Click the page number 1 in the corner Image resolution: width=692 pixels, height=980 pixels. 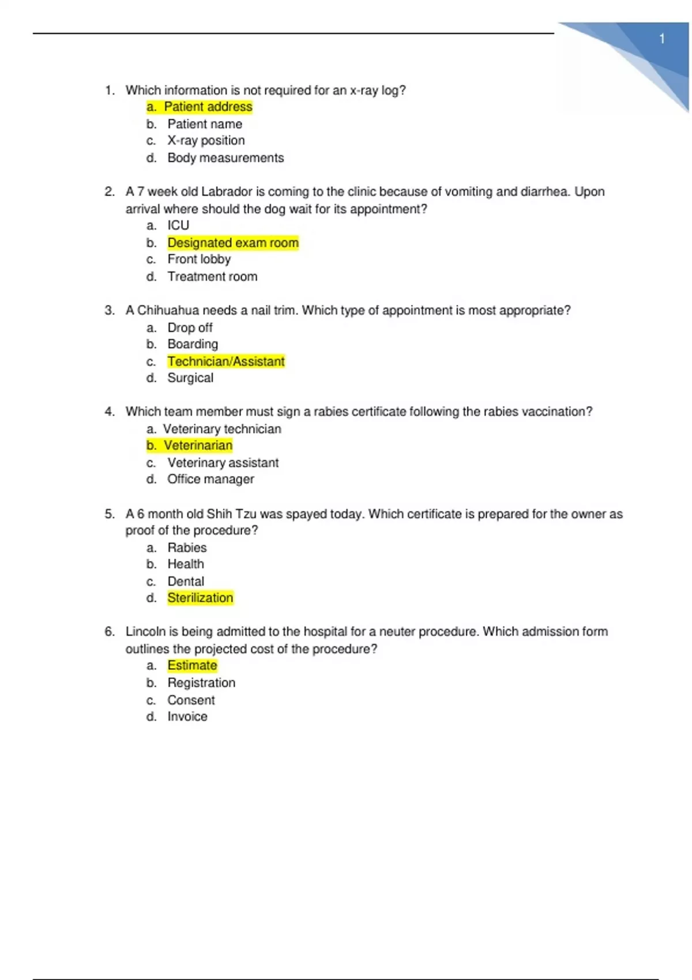(662, 39)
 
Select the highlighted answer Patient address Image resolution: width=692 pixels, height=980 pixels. (208, 107)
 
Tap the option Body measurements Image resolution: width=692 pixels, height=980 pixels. (225, 158)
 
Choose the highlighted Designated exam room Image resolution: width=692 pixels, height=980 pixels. (233, 243)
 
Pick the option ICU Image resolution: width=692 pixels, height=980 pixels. (178, 225)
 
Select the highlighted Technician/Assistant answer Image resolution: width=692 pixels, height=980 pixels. (226, 361)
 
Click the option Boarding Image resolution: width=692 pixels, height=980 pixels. (193, 344)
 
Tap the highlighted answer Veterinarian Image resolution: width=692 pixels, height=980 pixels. (198, 446)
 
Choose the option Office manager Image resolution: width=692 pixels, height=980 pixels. (210, 479)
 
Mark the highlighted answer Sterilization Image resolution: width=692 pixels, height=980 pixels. (200, 598)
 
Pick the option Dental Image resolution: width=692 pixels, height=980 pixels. (186, 581)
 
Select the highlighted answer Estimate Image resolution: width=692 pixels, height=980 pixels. (192, 666)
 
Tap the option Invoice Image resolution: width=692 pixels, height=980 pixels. (187, 717)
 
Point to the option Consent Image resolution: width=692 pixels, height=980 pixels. (191, 700)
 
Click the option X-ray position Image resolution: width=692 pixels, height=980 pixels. (206, 141)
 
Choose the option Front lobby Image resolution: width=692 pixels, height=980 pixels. (199, 259)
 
